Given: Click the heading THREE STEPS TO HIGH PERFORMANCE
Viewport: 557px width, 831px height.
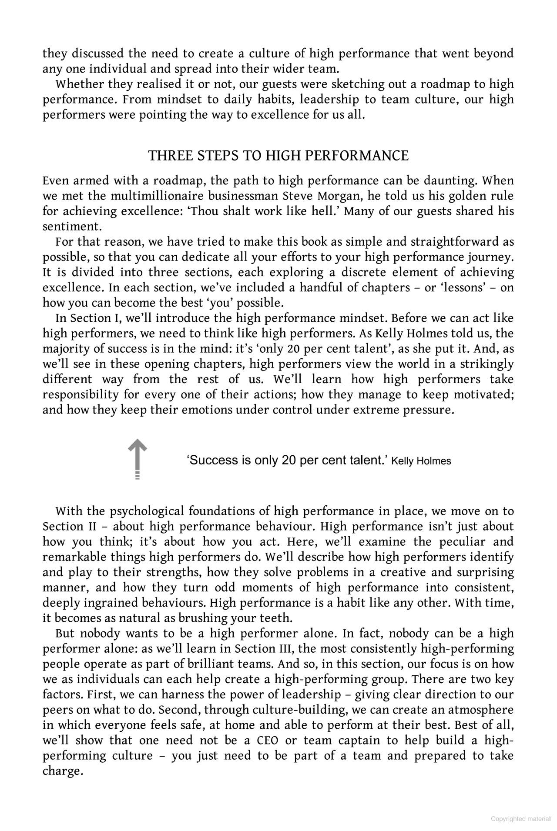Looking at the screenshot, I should pos(278,156).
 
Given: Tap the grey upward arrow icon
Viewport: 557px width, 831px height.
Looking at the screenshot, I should pos(138,458).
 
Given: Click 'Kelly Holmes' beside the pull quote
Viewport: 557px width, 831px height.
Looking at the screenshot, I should pos(421,461).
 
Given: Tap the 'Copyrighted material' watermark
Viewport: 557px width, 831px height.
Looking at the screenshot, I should pos(520,819).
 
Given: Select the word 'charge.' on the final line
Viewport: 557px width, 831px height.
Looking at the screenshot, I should pos(63,771).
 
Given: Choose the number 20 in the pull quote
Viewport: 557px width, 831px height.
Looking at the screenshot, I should pos(289,460).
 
